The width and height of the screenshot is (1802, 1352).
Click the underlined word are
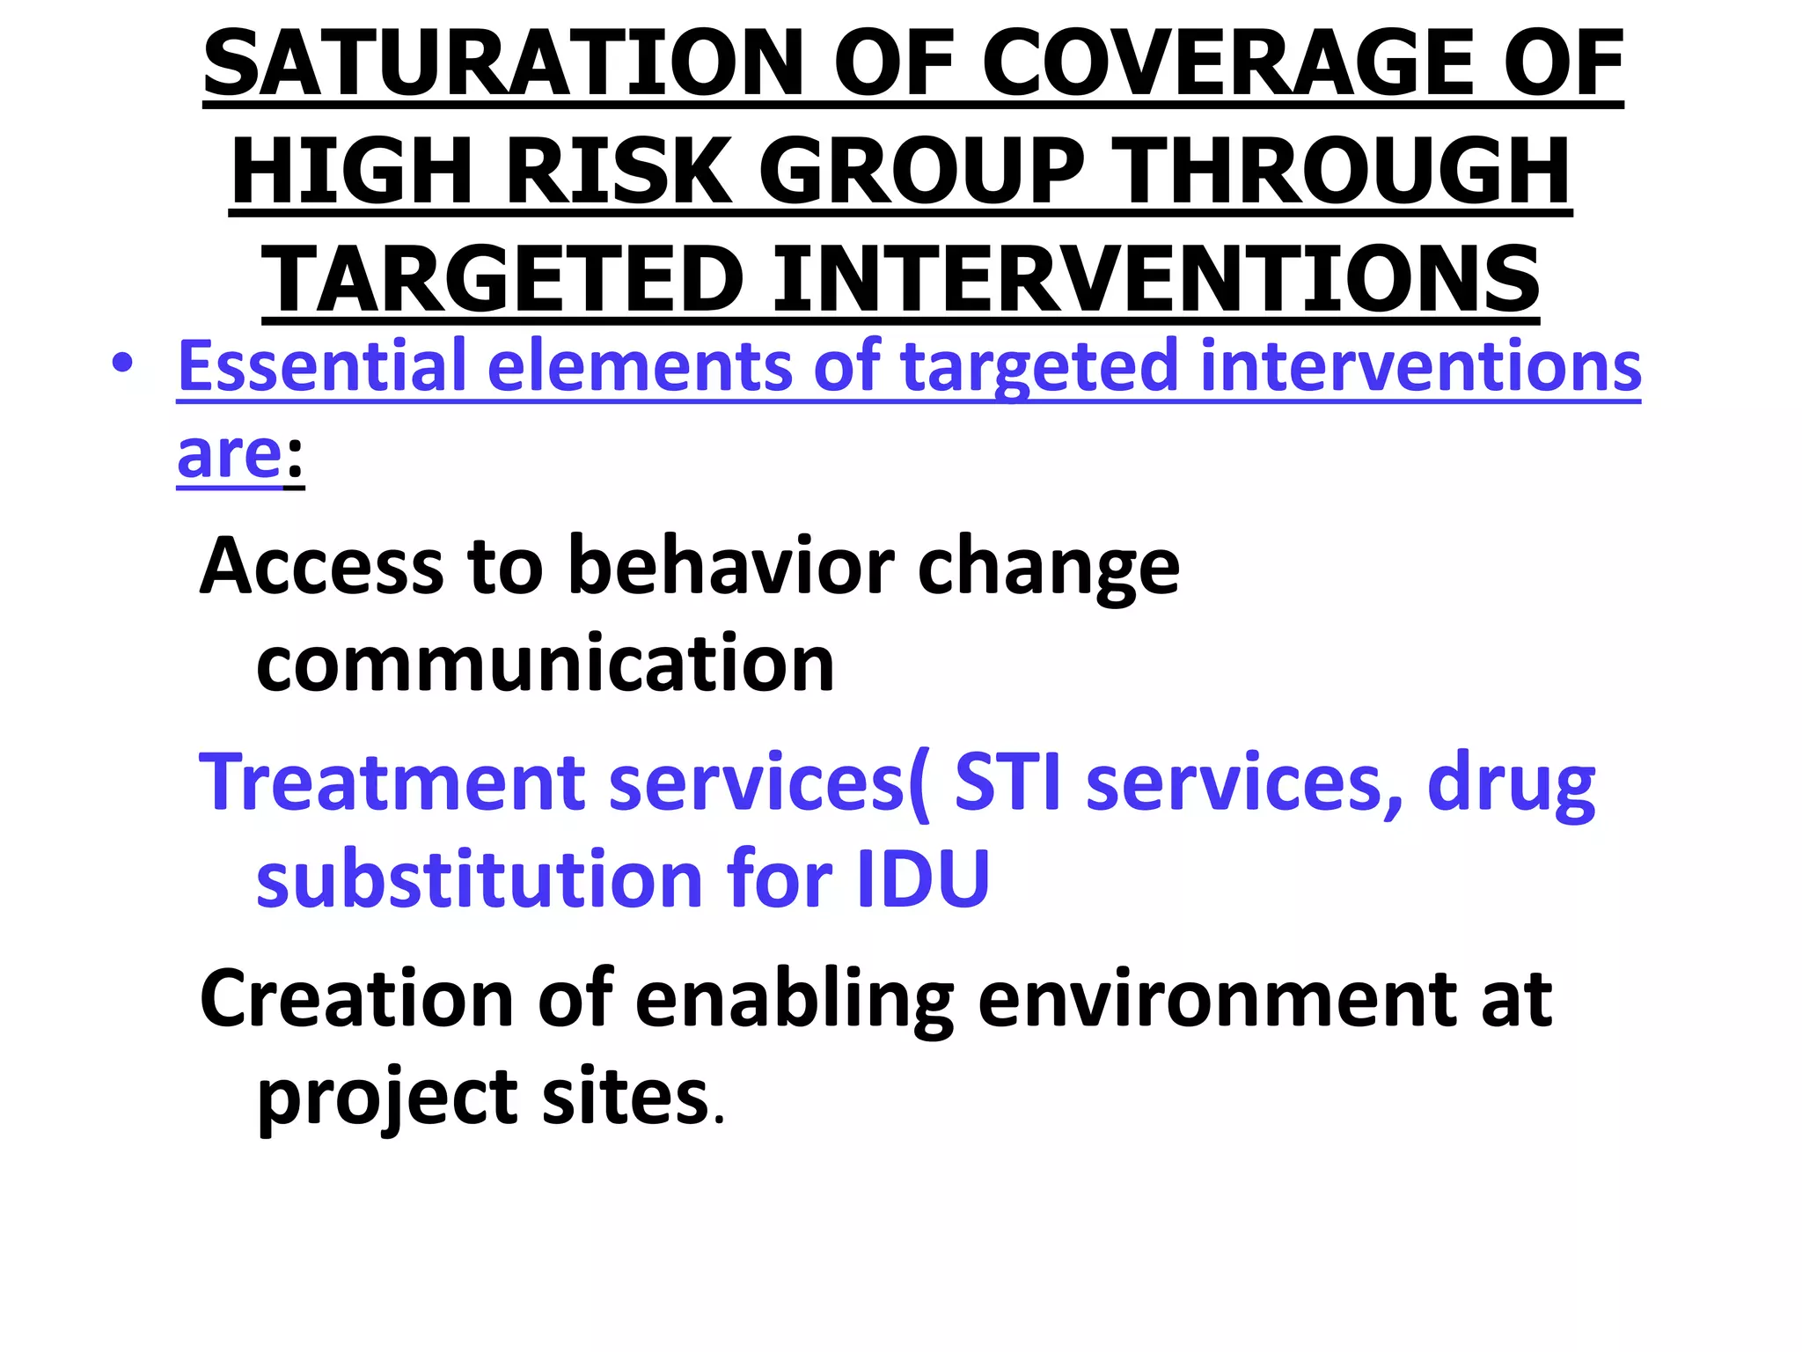(x=229, y=455)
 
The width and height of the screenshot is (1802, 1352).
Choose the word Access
(x=322, y=567)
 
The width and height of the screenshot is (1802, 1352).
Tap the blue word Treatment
(x=392, y=782)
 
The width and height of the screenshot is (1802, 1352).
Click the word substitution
(x=480, y=878)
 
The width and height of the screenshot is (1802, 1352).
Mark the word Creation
(x=357, y=999)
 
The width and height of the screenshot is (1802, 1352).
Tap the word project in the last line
(x=387, y=1098)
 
